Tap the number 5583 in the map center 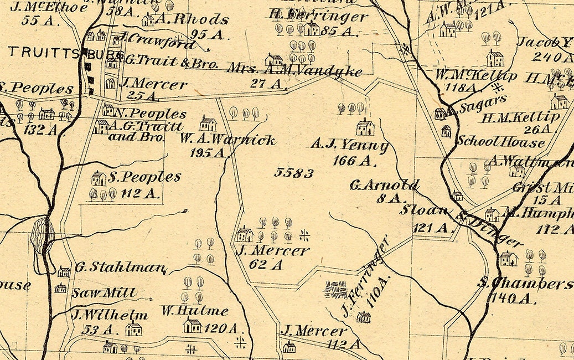[294, 173]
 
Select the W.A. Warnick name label [227, 140]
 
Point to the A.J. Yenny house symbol [365, 128]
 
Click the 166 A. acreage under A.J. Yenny [355, 161]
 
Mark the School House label [500, 142]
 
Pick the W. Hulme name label [195, 310]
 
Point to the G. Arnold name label [384, 185]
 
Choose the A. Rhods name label [192, 20]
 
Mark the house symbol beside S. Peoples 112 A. [98, 178]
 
